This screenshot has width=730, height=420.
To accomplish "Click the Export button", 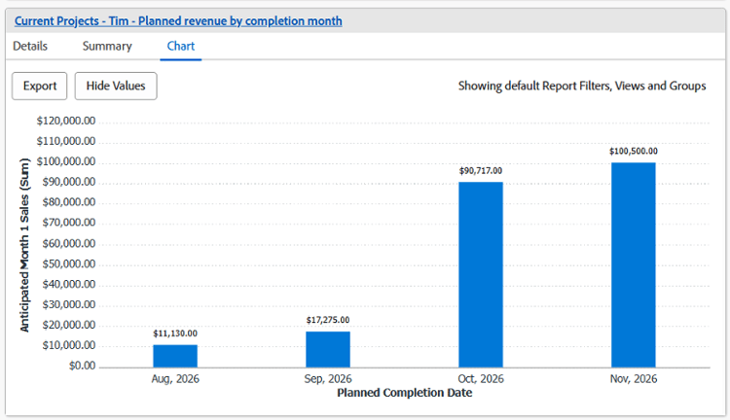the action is pos(40,87).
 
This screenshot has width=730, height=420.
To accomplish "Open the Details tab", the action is pos(30,46).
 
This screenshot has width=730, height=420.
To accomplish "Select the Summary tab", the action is pos(107,46).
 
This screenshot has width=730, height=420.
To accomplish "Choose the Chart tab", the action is pos(181,46).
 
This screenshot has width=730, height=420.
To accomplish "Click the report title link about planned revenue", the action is pos(178,21).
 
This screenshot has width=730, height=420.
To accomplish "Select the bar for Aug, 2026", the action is pos(175,356).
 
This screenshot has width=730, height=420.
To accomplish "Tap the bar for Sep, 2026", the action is pos(328,349).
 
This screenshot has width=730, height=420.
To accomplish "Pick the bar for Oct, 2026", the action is pos(481,274).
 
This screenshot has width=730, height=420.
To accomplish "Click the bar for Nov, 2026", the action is pos(634,264).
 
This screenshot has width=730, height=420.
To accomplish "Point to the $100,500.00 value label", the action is pos(634,151).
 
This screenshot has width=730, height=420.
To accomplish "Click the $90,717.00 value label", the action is pos(481,171).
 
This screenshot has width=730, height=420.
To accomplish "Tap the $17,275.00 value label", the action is pos(328,320).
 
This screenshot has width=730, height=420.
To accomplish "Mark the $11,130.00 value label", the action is pos(175,333).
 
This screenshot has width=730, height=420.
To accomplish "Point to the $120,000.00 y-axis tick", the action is pos(66,121).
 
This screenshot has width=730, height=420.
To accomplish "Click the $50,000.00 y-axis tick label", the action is pos(69,263).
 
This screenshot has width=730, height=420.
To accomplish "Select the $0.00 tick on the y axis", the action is pos(83,366).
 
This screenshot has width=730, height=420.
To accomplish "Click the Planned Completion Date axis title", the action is pos(405,393).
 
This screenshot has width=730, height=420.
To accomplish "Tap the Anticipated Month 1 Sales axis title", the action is pos(24,245).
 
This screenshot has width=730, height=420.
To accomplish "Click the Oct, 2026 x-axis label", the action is pos(481,378).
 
